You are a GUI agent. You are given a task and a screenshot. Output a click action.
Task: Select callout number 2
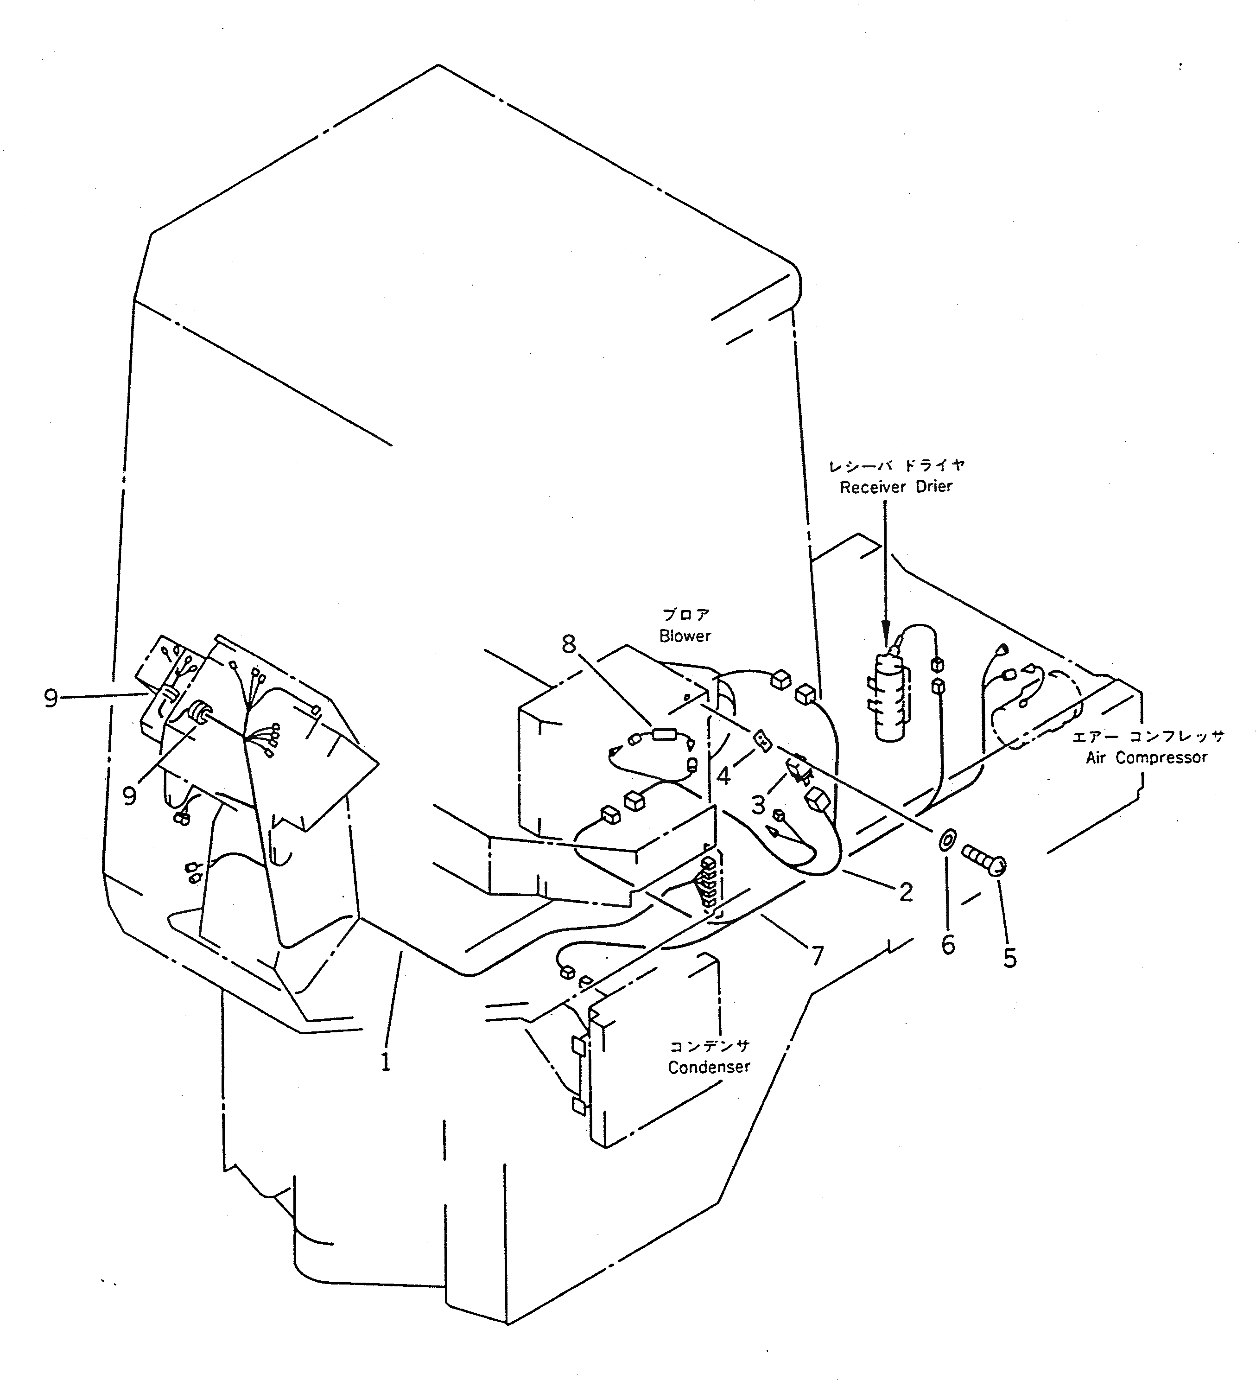coord(906,892)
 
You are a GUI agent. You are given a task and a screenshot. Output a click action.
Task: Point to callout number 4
coord(724,776)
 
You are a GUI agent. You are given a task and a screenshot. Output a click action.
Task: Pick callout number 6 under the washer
coord(948,945)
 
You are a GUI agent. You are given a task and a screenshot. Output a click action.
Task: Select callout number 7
coord(817,955)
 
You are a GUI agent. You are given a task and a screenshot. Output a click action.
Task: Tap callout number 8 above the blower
coord(569,644)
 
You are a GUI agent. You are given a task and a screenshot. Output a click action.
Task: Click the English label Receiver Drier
coord(896,487)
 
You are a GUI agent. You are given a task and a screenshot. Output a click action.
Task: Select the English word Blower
coord(685,636)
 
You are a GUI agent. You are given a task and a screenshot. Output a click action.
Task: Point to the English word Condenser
coord(709,1067)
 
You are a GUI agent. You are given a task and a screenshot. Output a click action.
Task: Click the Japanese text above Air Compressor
coord(1147,737)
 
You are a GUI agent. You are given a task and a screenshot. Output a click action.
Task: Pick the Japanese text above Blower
coord(685,615)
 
